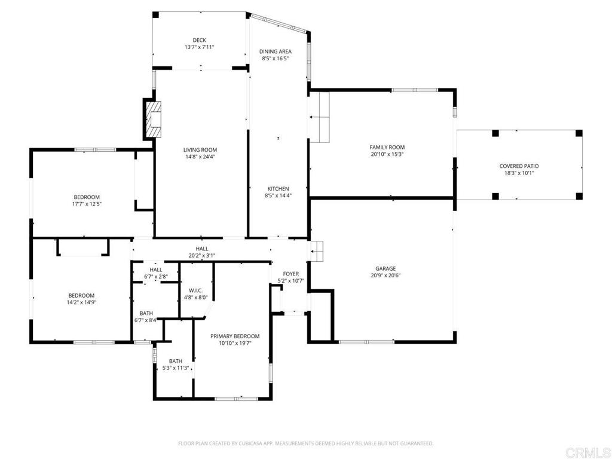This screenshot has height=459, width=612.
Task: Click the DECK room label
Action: tap(199, 40)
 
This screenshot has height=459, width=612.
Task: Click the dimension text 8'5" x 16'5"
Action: tap(276, 59)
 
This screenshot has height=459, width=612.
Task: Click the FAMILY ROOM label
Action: tap(387, 147)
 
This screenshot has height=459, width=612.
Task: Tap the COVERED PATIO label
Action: tap(519, 166)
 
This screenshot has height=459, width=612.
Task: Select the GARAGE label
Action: tap(385, 268)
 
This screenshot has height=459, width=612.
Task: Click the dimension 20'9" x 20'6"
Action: tap(385, 276)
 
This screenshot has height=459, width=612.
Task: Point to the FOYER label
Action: tap(291, 274)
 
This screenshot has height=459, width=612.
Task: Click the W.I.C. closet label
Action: tap(195, 290)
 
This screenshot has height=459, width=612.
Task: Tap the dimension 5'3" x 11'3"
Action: tap(175, 368)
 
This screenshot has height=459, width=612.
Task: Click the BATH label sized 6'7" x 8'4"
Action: tap(146, 313)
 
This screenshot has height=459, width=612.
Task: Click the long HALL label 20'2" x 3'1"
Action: tap(202, 249)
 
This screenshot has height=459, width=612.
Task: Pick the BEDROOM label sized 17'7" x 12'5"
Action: tap(87, 197)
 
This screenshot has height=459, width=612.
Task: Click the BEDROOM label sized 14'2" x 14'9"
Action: tap(81, 295)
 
